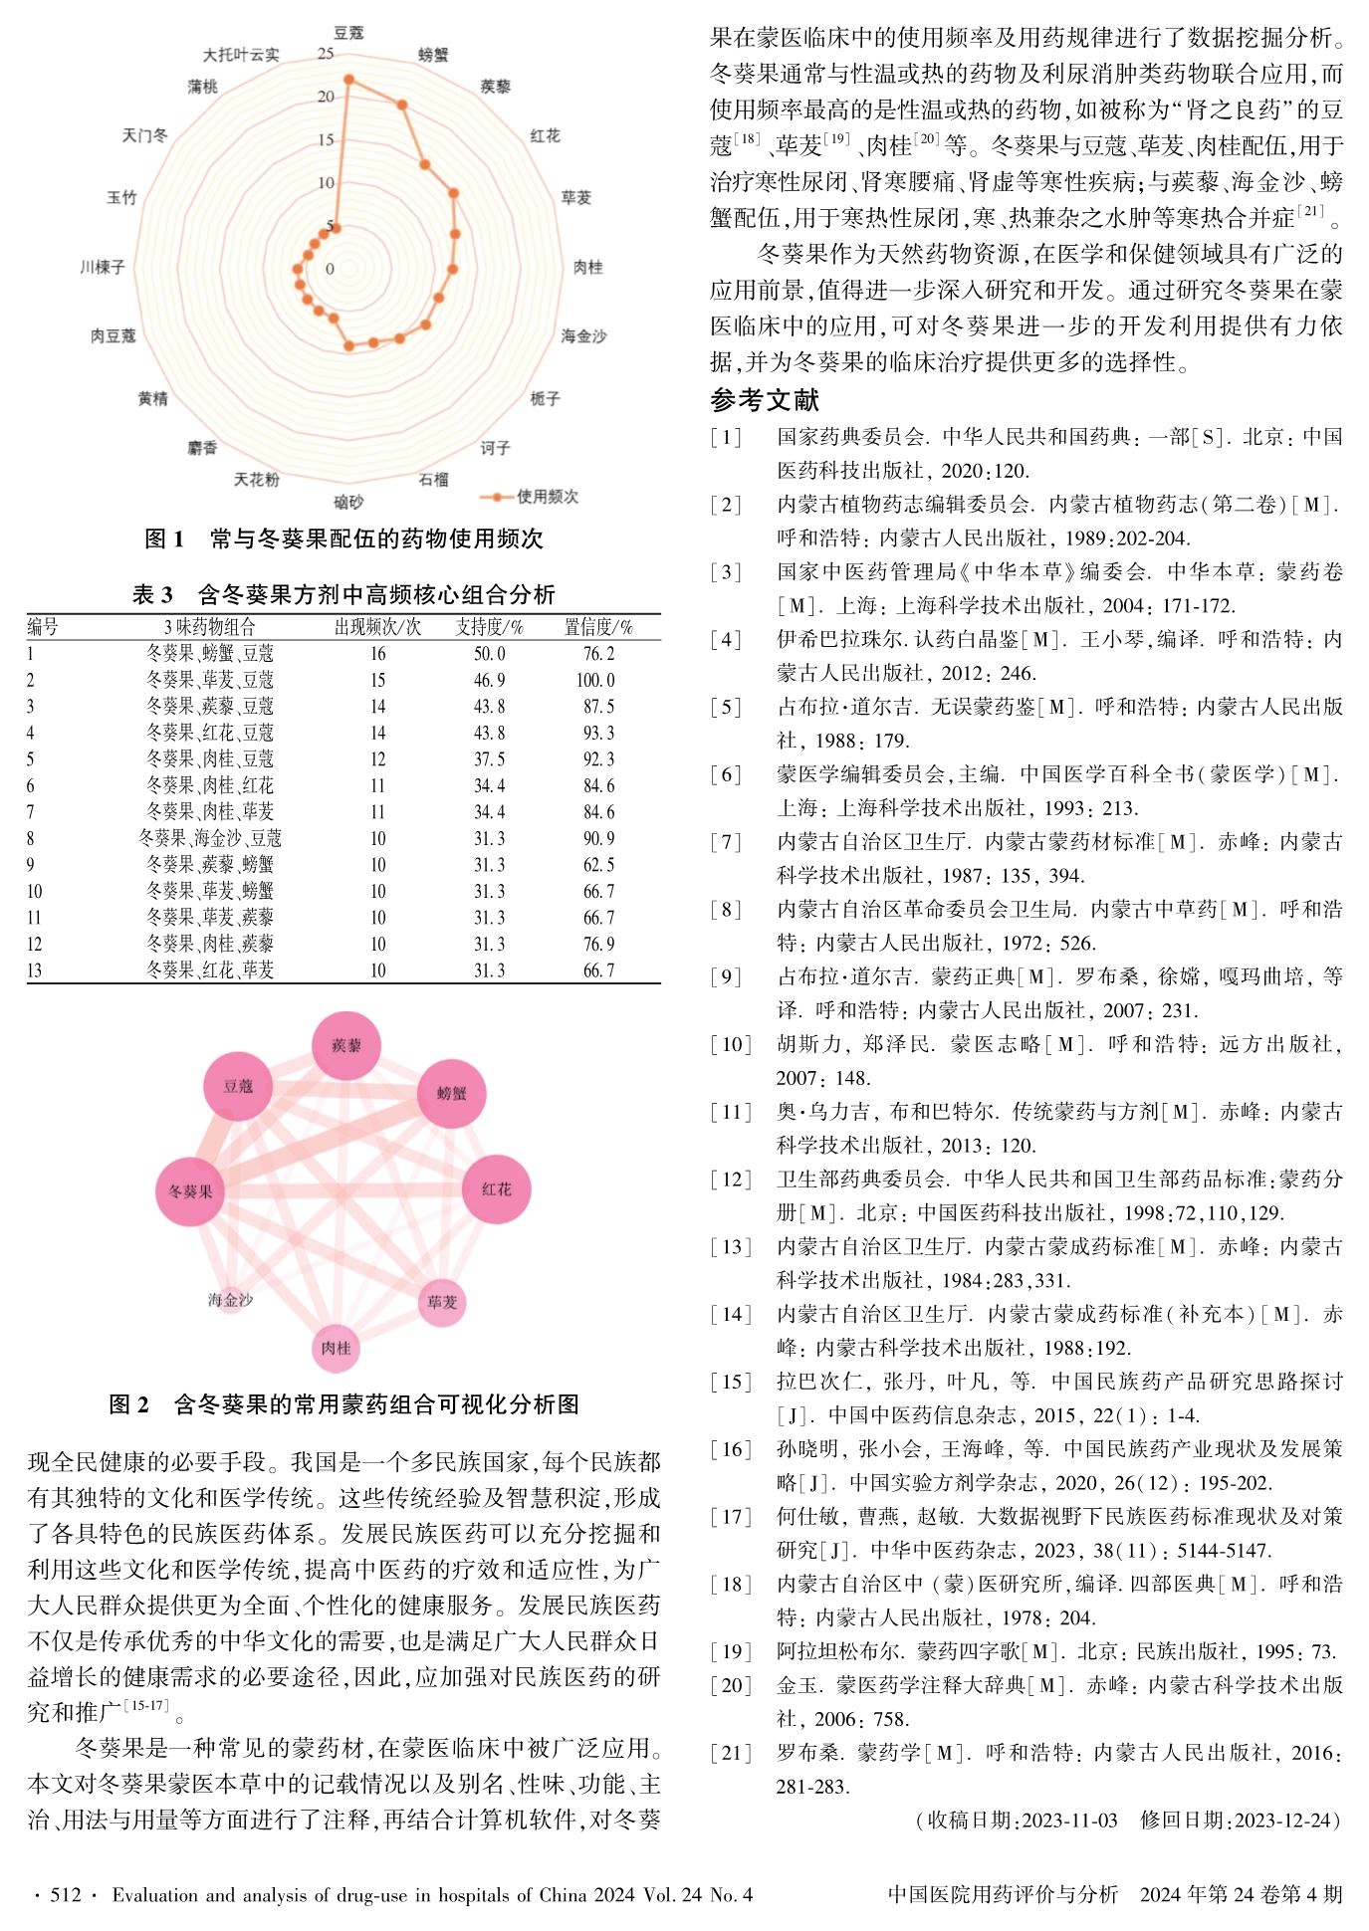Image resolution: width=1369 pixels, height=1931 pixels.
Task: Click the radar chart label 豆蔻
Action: point(348,33)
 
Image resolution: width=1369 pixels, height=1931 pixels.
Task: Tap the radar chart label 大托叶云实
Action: point(241,55)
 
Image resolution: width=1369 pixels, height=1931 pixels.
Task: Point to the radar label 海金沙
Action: point(583,336)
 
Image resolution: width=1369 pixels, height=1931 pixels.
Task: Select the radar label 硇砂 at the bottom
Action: point(348,502)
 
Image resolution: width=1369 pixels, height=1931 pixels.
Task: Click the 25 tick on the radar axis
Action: point(326,54)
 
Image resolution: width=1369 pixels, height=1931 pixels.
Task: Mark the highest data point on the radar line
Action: point(348,79)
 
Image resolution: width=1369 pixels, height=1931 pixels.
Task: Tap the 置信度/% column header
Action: point(598,627)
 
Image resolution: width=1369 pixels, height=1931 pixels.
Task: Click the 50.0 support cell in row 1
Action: point(489,654)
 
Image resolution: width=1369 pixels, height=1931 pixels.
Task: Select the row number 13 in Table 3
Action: point(35,970)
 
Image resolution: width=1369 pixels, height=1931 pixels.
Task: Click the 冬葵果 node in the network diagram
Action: point(190,1191)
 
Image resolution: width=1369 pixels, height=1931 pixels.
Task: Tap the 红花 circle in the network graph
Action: point(496,1188)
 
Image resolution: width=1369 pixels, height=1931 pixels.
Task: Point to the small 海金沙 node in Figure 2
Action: point(230,1300)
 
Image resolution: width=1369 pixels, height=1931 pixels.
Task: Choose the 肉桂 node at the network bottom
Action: point(336,1348)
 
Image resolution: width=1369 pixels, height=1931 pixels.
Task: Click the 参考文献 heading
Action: point(764,400)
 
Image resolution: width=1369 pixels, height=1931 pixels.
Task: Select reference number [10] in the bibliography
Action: point(731,1044)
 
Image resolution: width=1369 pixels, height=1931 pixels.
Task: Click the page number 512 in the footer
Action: point(66,1894)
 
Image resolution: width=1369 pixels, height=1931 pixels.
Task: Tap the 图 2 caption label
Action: point(129,1404)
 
